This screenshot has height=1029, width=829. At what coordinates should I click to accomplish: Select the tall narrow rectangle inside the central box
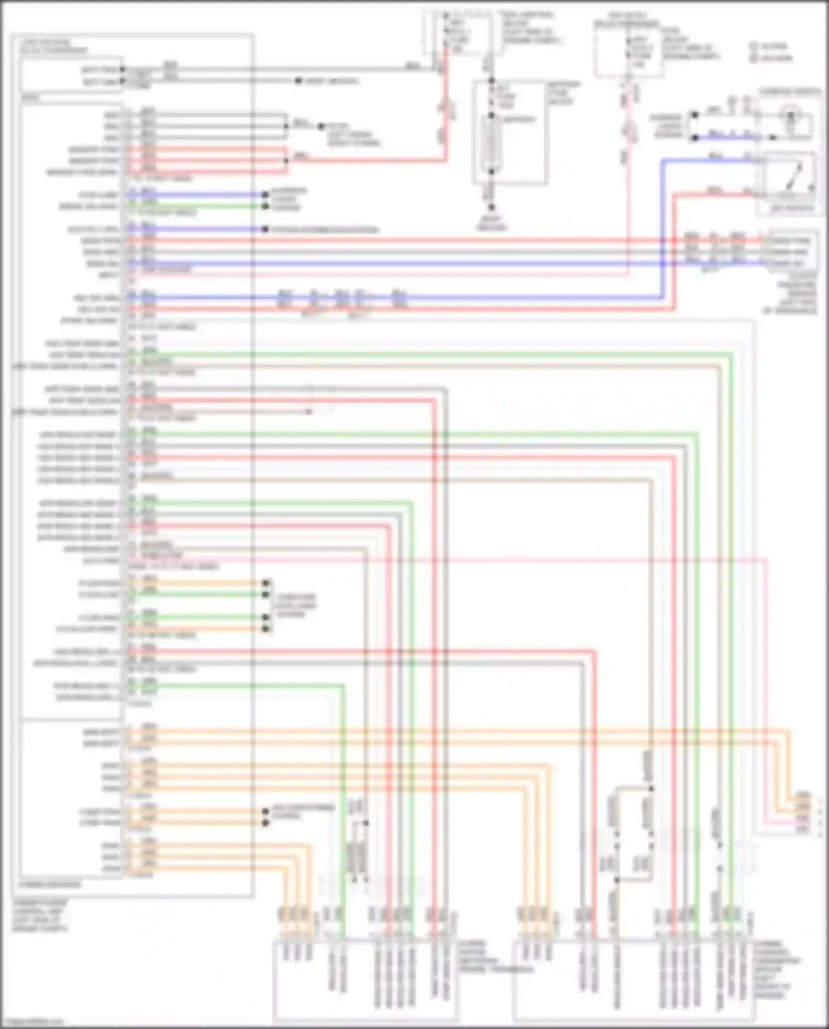tap(490, 145)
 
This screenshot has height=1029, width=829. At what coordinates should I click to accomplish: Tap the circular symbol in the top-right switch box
tap(791, 117)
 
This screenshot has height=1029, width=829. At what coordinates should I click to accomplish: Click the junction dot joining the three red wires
tap(286, 161)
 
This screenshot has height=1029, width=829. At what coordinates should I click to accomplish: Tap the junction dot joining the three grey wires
tap(286, 127)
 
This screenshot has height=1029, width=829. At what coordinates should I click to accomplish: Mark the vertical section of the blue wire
tap(663, 227)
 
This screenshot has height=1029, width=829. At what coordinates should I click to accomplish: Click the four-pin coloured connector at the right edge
tap(801, 812)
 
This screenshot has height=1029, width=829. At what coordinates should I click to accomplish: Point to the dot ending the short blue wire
tap(265, 229)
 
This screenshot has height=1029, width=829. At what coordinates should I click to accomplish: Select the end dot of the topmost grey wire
tap(298, 81)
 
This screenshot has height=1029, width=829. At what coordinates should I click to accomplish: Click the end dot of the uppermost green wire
tap(265, 206)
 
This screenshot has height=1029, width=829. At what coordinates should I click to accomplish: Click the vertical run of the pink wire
tap(628, 210)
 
